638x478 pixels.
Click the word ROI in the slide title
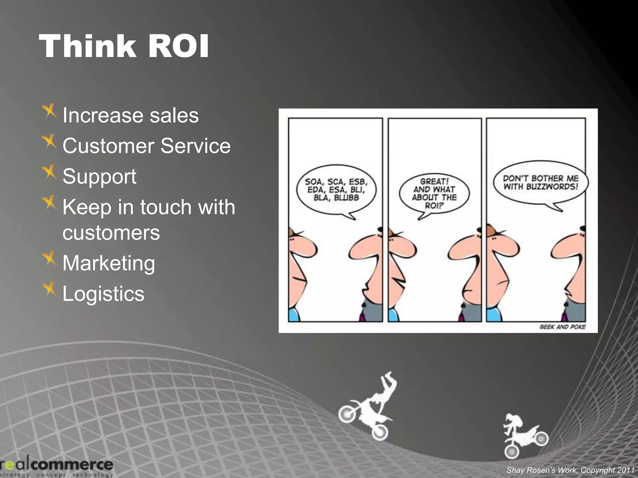[x=178, y=47]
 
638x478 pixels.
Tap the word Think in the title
[x=88, y=47]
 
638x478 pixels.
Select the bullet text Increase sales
[x=130, y=115]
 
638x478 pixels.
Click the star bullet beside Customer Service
[x=49, y=142]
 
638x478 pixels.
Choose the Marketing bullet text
[x=108, y=263]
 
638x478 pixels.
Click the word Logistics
[x=103, y=294]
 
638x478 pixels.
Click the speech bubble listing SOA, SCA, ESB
[x=336, y=190]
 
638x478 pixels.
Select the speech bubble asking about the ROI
[x=434, y=194]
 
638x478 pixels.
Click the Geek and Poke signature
[x=562, y=327]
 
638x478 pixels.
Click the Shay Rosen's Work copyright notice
[x=570, y=470]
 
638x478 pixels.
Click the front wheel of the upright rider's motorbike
[x=512, y=451]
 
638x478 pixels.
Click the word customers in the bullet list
[x=111, y=233]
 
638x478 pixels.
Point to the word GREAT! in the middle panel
[x=434, y=181]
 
